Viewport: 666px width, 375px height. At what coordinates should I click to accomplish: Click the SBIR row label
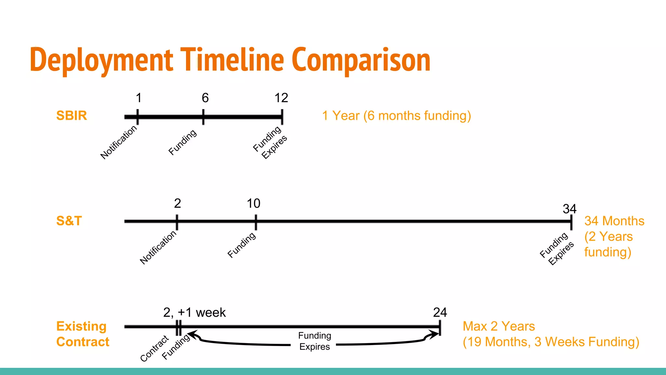pos(72,116)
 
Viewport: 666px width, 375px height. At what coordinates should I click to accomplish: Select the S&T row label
pos(69,221)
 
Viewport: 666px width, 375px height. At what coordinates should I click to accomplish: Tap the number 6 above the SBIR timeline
pos(205,98)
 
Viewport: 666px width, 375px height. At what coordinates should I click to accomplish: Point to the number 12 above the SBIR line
pos(281,98)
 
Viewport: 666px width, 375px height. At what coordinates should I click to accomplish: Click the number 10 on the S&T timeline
pos(253,203)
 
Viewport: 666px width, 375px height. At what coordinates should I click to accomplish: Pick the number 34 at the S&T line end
pos(569,209)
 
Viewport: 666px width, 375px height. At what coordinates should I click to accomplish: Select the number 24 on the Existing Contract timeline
pos(440,312)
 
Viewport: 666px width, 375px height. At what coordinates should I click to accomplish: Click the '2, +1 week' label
pos(194,312)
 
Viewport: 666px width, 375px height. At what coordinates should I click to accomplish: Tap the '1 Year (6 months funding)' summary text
pos(396,116)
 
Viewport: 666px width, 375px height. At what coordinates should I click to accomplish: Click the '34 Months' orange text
pos(614,221)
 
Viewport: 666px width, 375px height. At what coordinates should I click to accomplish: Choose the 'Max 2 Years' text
pos(499,326)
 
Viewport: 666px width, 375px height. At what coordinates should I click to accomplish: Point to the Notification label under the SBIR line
pos(119,142)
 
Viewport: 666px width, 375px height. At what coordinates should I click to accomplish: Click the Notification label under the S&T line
pos(158,247)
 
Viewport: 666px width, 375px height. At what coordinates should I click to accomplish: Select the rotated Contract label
pos(154,348)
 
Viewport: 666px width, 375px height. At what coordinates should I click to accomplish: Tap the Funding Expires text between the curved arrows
pos(314,341)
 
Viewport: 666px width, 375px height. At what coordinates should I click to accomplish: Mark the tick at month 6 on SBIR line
pos(203,117)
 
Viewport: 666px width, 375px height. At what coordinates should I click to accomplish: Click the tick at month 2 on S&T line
pos(177,222)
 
